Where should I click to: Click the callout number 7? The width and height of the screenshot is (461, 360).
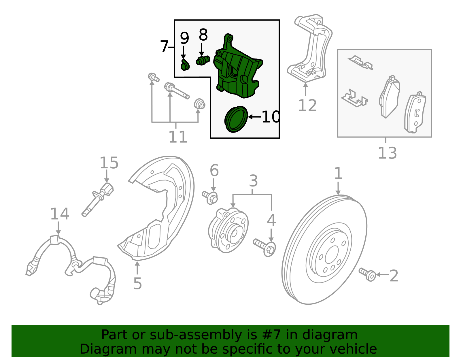164,47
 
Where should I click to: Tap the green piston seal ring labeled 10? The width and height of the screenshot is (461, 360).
236,119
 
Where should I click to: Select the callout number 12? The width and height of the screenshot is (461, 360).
307,105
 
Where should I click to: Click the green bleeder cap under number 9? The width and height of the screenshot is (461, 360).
185,66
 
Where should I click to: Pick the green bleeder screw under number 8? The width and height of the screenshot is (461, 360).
203,61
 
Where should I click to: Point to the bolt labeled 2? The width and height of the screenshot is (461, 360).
367,274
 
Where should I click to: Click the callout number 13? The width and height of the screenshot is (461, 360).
387,153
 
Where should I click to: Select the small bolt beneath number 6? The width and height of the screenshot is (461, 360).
210,197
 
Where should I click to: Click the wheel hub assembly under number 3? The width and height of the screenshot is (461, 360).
228,231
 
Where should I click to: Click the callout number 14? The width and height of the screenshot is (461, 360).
60,214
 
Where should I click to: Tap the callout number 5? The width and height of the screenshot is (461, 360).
137,284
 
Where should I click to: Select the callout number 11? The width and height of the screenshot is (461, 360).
177,137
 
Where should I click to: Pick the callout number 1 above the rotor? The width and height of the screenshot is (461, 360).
338,174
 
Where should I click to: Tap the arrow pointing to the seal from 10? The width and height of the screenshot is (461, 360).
254,117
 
